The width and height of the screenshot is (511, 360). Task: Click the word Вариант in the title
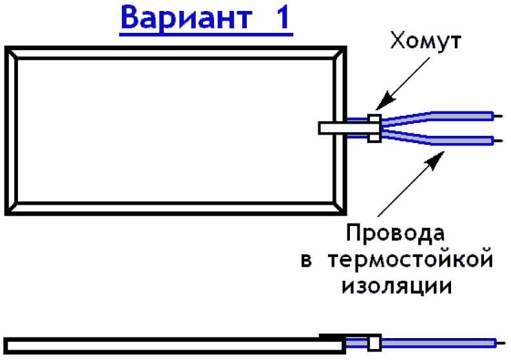183,18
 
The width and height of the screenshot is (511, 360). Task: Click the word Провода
395,232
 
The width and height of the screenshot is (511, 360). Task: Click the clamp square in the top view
373,128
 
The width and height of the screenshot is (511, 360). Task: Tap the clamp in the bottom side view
372,343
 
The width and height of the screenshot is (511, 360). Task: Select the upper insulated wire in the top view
451,116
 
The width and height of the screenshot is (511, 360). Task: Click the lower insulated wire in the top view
451,139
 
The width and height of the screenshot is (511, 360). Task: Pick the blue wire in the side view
438,343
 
